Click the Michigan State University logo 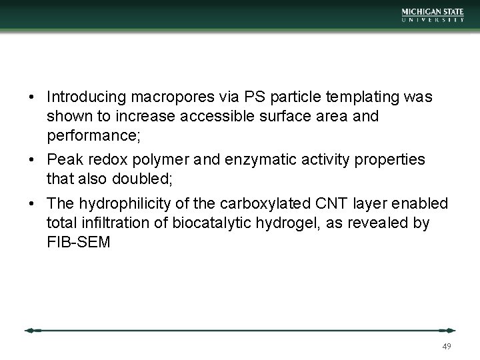(x=433, y=15)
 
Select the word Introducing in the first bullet (x=81, y=97)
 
